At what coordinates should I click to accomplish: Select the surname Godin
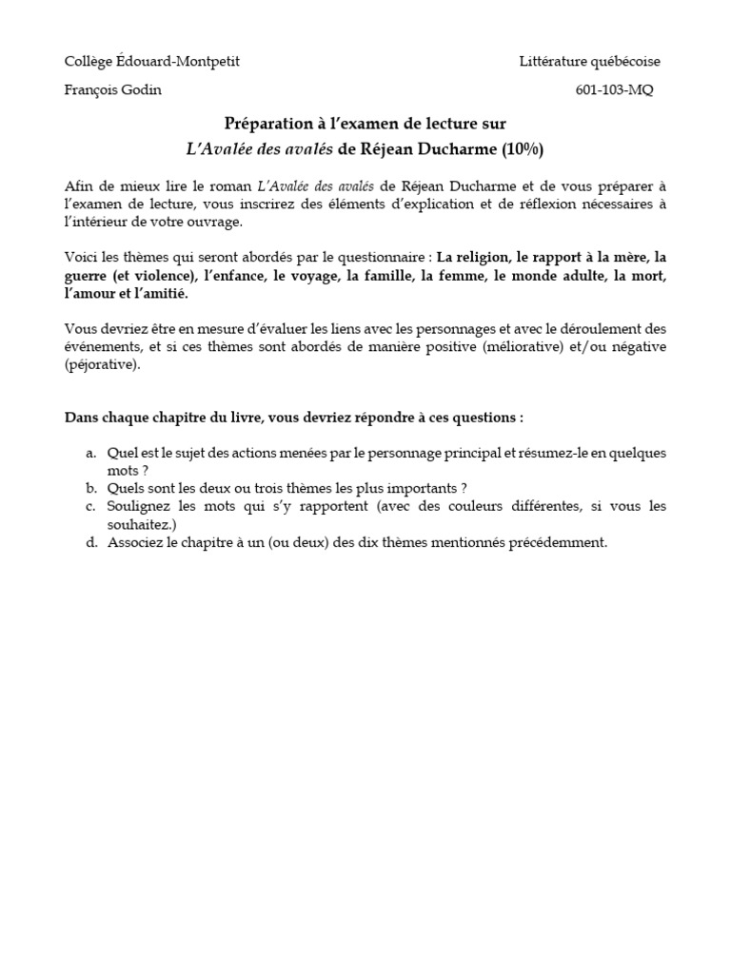click(x=140, y=90)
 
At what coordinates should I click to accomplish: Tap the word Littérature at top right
click(x=554, y=62)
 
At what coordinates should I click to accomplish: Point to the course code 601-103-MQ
click(x=614, y=90)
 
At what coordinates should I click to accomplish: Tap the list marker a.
click(x=89, y=454)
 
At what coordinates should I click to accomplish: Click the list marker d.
click(x=90, y=543)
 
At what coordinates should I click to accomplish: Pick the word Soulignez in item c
click(x=139, y=508)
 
